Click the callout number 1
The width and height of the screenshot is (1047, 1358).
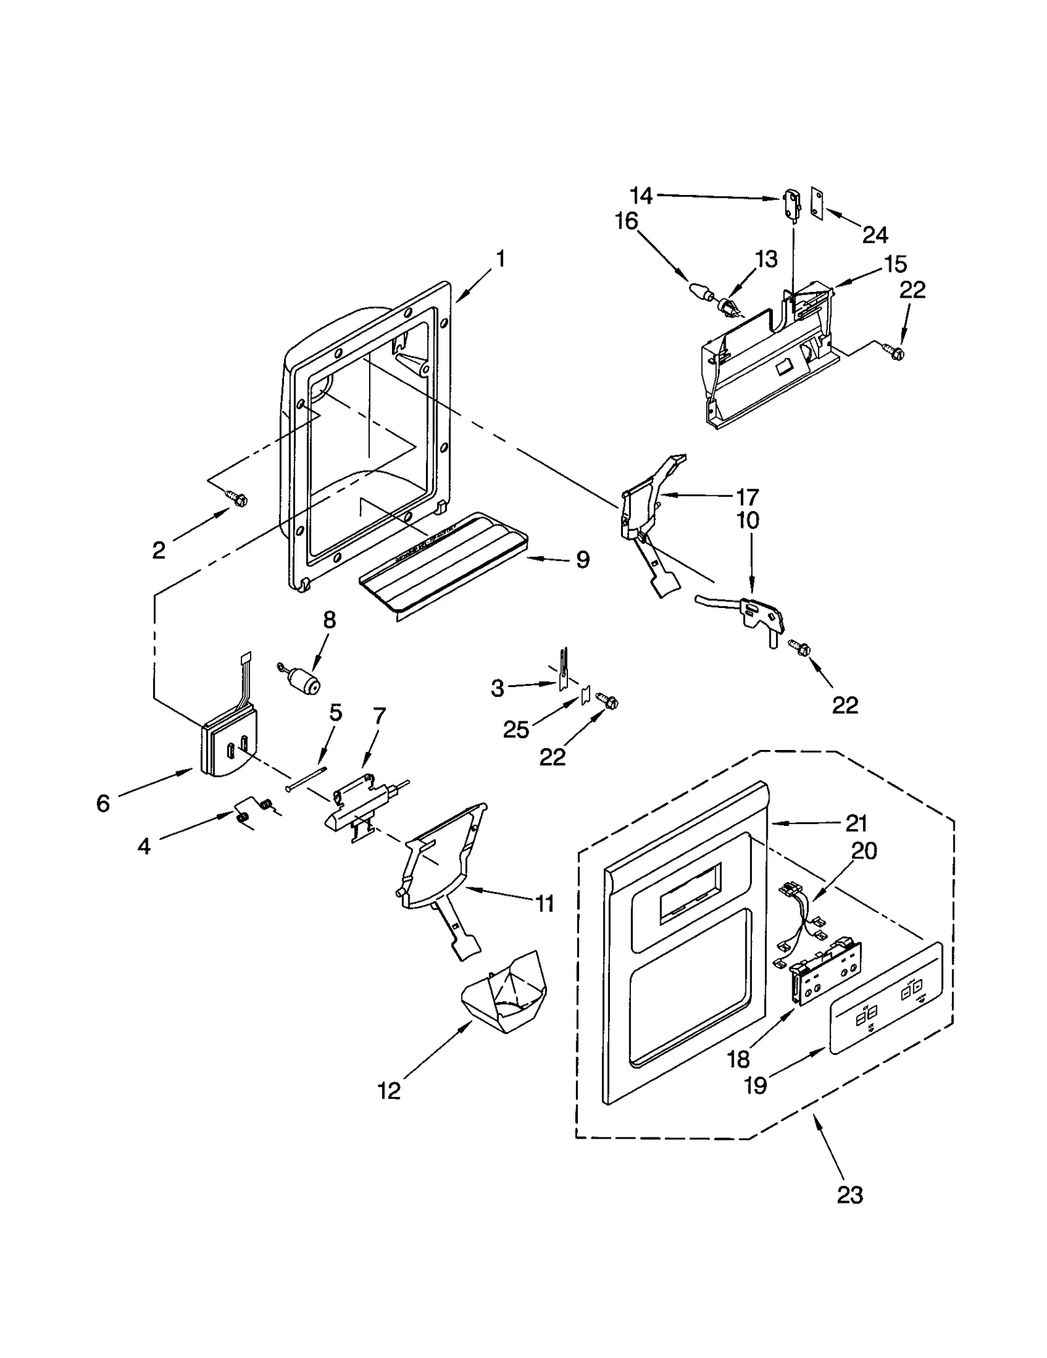click(x=501, y=259)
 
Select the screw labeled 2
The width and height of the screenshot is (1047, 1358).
click(x=238, y=499)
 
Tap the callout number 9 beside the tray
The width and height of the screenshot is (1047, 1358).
click(x=582, y=560)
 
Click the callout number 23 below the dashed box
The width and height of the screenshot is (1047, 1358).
click(x=850, y=1194)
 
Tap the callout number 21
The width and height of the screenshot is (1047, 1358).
click(x=857, y=823)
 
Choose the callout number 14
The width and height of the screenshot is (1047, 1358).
click(x=641, y=196)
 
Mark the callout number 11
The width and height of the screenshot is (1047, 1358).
click(x=544, y=904)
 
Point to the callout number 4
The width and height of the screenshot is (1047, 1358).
click(x=144, y=846)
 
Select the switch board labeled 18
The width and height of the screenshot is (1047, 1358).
click(x=826, y=971)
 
